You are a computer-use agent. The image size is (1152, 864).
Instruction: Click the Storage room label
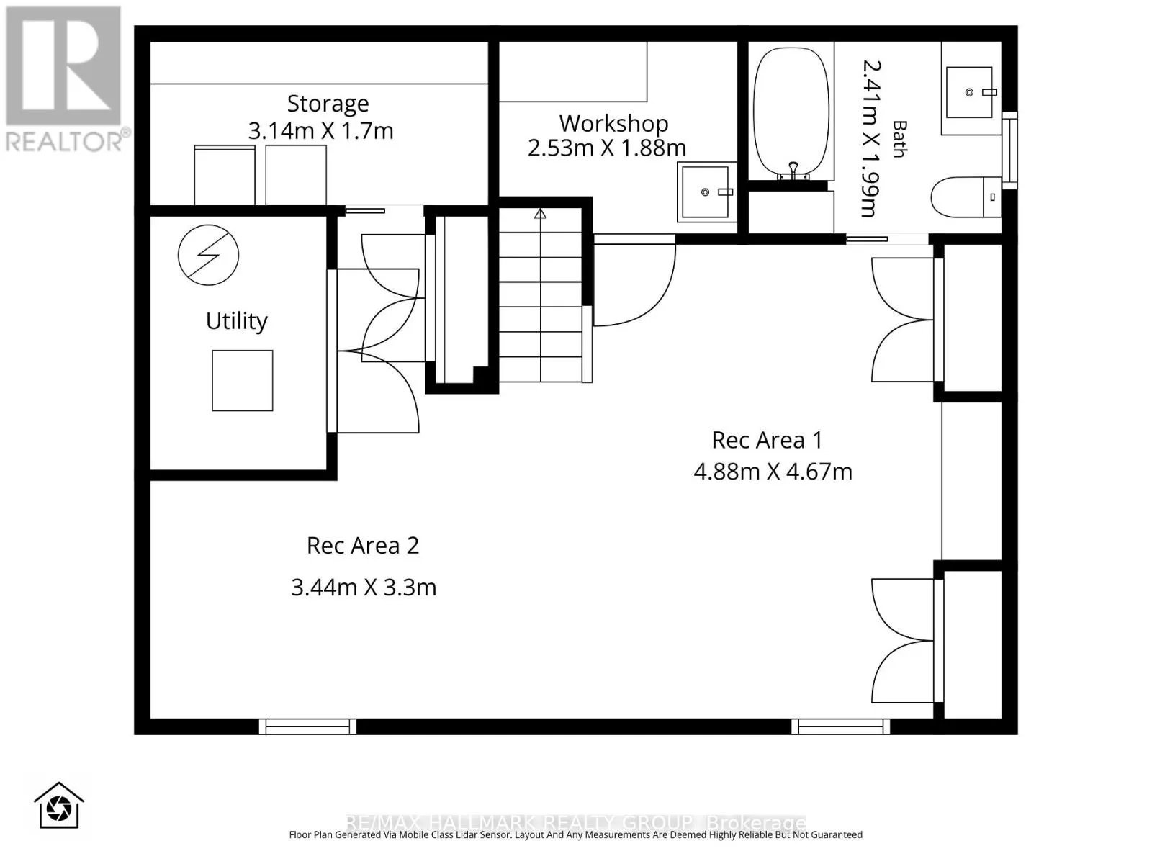tap(328, 104)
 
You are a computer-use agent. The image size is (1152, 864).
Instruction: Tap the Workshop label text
tap(613, 124)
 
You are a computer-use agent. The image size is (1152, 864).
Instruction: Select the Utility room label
tap(237, 321)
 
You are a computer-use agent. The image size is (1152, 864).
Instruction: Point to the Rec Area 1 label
tap(767, 440)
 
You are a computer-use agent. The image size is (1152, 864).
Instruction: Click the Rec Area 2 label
tap(363, 546)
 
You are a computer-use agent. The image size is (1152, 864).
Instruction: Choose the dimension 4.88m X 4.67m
tap(773, 472)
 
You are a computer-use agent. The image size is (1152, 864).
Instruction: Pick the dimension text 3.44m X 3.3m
tap(364, 588)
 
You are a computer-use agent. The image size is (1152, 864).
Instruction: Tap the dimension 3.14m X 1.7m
tap(320, 130)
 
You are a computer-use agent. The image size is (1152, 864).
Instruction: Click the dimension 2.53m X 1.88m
tap(607, 148)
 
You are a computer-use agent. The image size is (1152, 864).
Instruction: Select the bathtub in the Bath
tap(791, 112)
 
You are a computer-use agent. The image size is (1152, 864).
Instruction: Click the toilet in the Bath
tap(966, 197)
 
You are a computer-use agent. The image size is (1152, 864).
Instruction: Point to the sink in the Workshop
tap(706, 192)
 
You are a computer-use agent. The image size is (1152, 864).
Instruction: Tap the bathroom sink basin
tap(969, 92)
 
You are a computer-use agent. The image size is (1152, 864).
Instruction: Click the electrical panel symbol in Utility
tap(208, 255)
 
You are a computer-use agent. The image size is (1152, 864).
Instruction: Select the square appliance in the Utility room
tap(243, 380)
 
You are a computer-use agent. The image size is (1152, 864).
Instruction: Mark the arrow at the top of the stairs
tap(540, 214)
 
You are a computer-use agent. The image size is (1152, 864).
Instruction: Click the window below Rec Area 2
tap(307, 726)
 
